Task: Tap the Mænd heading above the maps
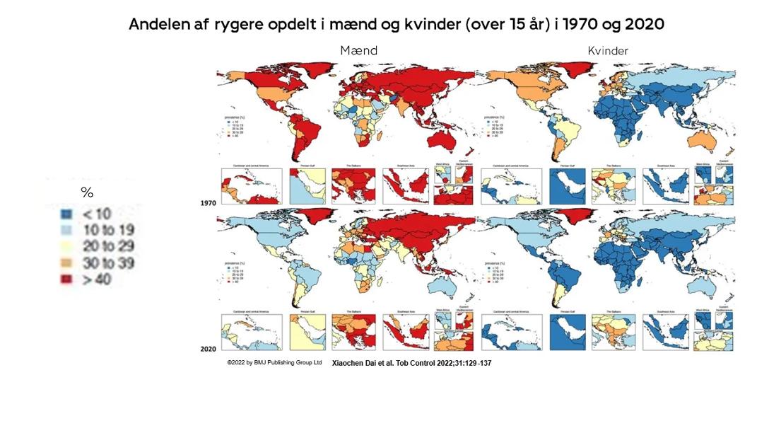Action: point(358,50)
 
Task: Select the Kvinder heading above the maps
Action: point(608,50)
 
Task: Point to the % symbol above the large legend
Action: point(87,192)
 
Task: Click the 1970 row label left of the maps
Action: point(209,203)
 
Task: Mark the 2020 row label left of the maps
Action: point(209,350)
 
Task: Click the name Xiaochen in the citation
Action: point(352,362)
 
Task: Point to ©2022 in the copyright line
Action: point(237,362)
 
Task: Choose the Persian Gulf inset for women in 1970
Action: point(568,185)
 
